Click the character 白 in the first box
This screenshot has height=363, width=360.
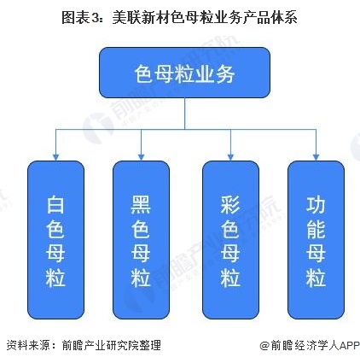coord(57,205)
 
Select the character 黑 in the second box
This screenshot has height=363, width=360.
coord(142,205)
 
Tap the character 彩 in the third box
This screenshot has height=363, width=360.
coord(229,205)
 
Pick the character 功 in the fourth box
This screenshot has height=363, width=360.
coord(315,205)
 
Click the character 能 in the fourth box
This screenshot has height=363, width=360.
coord(315,229)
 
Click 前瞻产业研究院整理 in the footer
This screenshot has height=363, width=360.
coord(112,346)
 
